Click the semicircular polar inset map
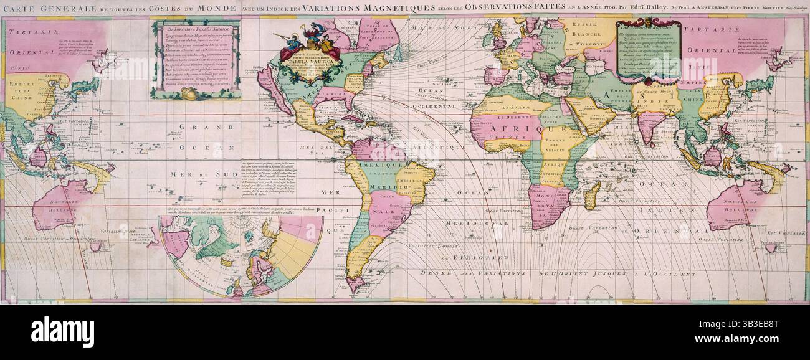click(x=240, y=252)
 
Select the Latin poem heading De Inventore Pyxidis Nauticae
click(x=196, y=29)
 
